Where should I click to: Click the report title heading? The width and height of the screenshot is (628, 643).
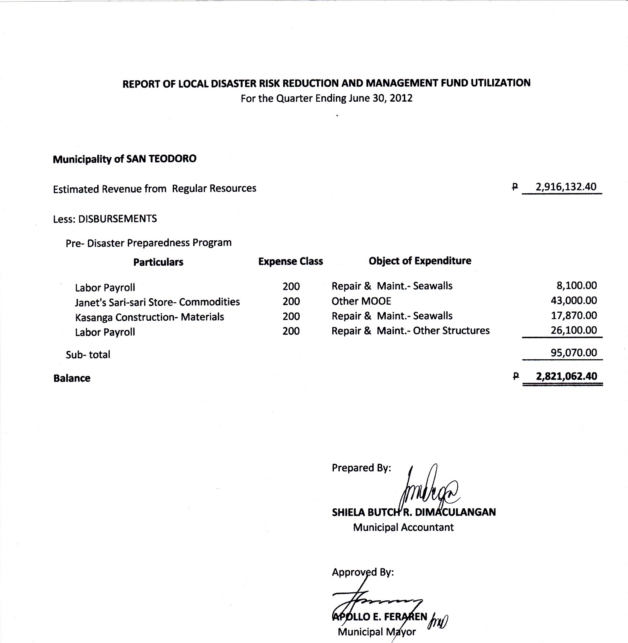[x=326, y=83]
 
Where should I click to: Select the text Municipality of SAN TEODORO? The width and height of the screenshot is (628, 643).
[x=125, y=159]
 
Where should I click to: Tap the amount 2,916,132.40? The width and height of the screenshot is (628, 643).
[x=566, y=187]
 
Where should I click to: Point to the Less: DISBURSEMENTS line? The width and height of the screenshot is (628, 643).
[x=105, y=219]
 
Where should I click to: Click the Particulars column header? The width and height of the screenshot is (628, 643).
[x=158, y=262]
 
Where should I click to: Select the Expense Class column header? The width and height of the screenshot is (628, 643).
[x=290, y=262]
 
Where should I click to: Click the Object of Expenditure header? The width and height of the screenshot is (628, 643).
[x=420, y=261]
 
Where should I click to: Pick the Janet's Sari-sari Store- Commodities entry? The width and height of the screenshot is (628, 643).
[x=157, y=302]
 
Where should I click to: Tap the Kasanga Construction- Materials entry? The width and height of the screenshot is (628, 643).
[x=149, y=317]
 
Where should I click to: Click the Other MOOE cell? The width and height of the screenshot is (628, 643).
[x=361, y=301]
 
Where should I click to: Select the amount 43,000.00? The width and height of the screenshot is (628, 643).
[x=574, y=301]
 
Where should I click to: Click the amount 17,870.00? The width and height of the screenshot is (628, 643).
[x=574, y=315]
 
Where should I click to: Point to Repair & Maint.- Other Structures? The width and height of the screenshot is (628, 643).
[x=410, y=331]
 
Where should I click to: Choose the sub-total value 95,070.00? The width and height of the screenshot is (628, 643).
[x=574, y=353]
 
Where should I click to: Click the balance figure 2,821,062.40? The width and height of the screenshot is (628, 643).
[x=567, y=377]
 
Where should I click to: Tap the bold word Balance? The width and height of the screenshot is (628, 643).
[x=72, y=378]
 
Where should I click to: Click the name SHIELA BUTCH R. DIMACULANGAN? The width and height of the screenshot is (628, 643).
[x=413, y=512]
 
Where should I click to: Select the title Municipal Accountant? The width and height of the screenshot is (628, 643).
[x=403, y=527]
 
